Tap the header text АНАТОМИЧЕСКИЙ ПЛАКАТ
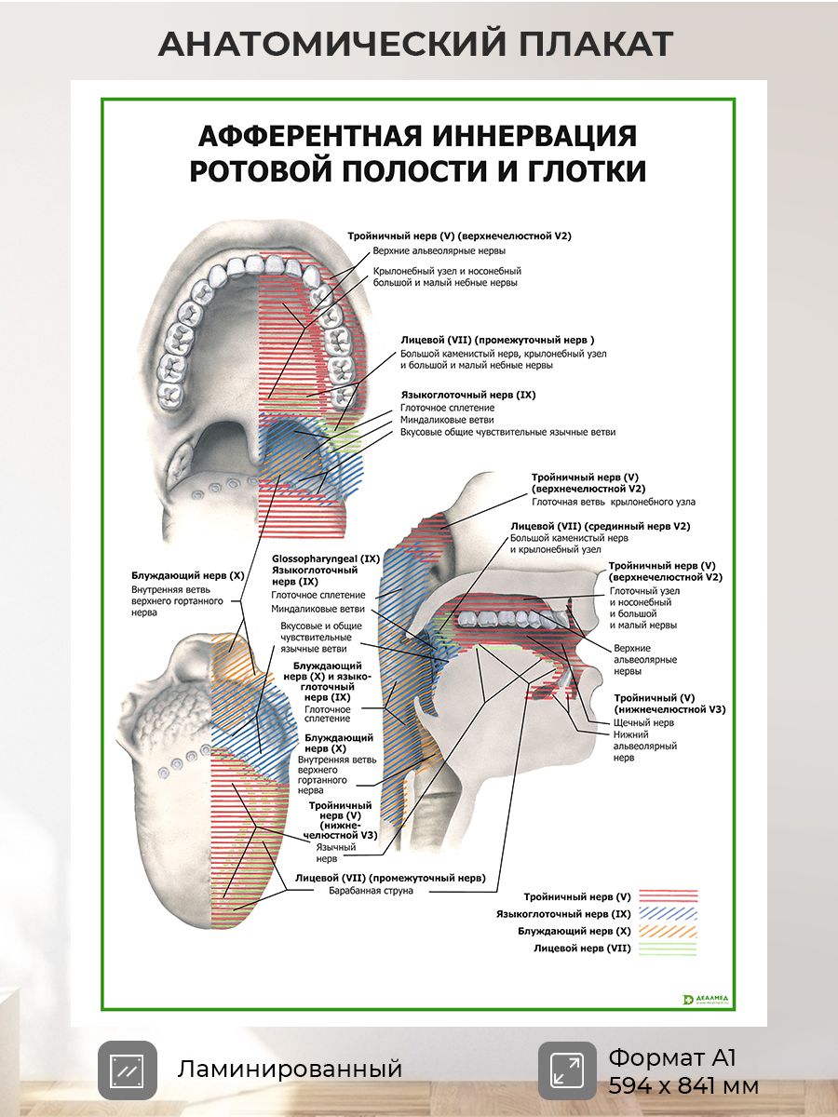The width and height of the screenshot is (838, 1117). (415, 44)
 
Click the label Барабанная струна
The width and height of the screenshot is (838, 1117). (371, 891)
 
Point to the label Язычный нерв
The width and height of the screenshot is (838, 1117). (332, 853)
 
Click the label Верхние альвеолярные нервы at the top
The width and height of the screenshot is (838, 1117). (439, 251)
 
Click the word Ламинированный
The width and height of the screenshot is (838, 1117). (290, 1069)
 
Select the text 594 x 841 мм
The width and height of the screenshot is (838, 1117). (683, 1085)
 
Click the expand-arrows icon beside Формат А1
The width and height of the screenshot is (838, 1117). (567, 1070)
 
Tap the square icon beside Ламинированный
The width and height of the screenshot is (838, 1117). (128, 1070)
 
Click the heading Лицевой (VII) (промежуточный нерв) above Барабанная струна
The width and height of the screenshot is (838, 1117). (389, 877)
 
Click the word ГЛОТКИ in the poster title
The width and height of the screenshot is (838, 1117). (584, 172)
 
